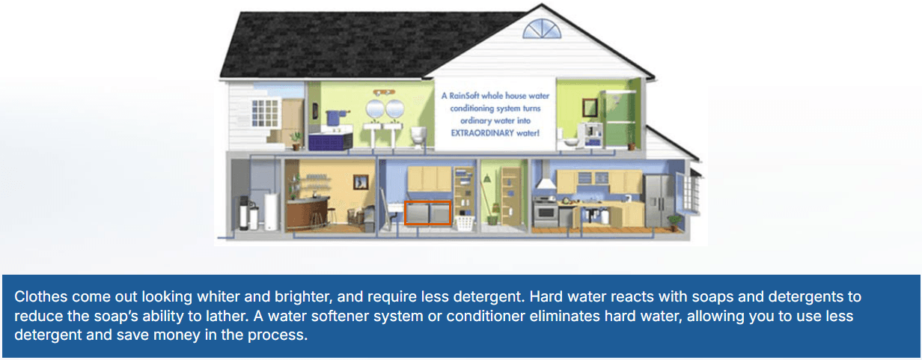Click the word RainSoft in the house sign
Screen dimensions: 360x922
pos(471,96)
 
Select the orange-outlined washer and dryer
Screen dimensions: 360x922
pos(427,213)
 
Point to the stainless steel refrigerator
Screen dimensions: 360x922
pos(656,198)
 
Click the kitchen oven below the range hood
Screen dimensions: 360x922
pos(545,213)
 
